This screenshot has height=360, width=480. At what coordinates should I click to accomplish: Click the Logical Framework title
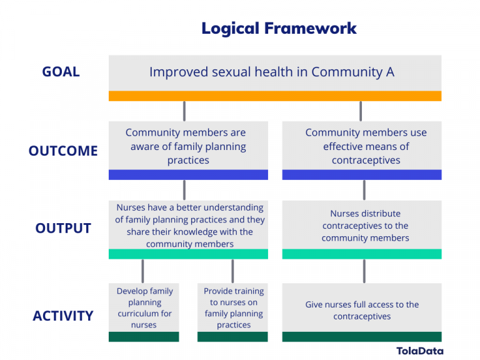tap(279, 28)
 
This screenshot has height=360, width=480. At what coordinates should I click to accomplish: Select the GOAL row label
tap(61, 72)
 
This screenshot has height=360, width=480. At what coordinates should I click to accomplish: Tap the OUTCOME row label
tap(63, 151)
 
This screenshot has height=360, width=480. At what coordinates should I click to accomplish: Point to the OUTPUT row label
tap(63, 228)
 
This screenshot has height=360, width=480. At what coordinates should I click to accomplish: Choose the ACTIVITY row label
tap(63, 316)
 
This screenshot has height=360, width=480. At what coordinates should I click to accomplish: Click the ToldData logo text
tap(419, 351)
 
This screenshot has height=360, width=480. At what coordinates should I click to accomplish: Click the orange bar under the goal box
tap(275, 96)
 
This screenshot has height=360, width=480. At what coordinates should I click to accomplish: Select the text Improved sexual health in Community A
tap(272, 72)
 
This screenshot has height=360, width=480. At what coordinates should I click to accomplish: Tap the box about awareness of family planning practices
tap(188, 146)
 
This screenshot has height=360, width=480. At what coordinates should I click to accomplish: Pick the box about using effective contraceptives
tap(362, 146)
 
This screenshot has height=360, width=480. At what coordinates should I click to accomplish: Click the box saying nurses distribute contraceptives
tap(362, 226)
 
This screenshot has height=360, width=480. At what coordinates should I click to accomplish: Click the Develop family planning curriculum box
tap(144, 308)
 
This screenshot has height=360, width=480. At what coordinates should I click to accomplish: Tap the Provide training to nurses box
tap(233, 308)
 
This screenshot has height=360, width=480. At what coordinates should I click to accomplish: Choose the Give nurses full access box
tap(362, 310)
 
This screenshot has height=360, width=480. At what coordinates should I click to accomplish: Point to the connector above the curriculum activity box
tap(143, 271)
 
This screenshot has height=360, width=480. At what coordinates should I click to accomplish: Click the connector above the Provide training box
tap(233, 271)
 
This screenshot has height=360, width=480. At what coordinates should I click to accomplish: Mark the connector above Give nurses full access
tap(364, 271)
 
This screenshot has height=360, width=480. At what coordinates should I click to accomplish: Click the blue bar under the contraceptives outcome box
tap(362, 175)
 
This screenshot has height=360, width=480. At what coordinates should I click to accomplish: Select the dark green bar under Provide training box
tap(233, 337)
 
